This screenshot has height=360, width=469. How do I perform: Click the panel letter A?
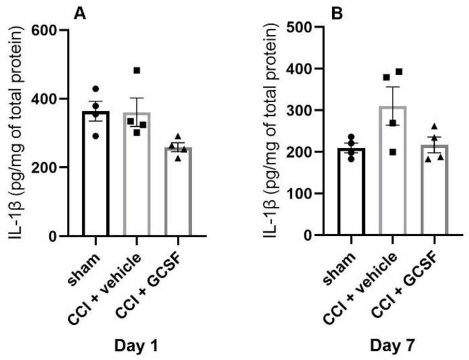pyautogui.click(x=80, y=12)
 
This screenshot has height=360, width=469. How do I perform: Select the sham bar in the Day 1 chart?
pyautogui.click(x=96, y=175)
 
